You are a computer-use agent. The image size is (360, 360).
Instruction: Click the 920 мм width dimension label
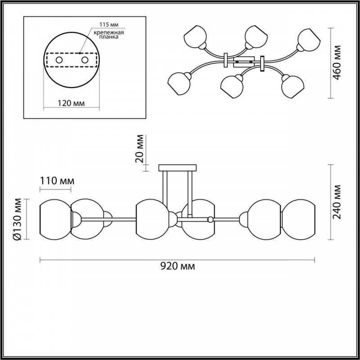coord(177,266)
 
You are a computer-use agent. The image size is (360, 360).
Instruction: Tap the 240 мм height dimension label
coord(337,202)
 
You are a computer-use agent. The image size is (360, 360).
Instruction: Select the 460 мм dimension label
coord(337,63)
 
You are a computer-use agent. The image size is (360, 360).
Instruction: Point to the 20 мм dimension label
coord(139,148)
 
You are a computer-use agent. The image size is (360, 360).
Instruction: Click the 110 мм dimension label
coord(57,181)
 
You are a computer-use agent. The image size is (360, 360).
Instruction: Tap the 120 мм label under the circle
coord(71,103)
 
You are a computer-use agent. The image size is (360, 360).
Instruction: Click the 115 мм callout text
coord(109,24)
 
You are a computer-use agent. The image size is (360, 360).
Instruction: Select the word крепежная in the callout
coord(108,32)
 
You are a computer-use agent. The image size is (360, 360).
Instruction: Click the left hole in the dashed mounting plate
coord(59,60)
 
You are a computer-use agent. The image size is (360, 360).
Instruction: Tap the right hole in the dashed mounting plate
coord(85,60)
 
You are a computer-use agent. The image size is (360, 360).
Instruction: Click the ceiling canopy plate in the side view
coord(177,168)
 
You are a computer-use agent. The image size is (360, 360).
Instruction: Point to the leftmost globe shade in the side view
coord(55,220)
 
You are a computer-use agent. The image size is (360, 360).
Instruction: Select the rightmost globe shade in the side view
coord(298,220)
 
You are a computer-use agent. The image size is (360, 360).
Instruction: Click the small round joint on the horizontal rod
coord(210,220)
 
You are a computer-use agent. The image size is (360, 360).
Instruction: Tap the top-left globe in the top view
coord(195,37)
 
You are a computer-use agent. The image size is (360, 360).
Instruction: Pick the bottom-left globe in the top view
coord(179,84)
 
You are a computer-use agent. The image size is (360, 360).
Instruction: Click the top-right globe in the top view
coord(309,40)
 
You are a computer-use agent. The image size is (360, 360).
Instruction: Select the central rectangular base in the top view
coord(244,62)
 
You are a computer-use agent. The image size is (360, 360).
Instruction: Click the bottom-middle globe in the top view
coord(232,86)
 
